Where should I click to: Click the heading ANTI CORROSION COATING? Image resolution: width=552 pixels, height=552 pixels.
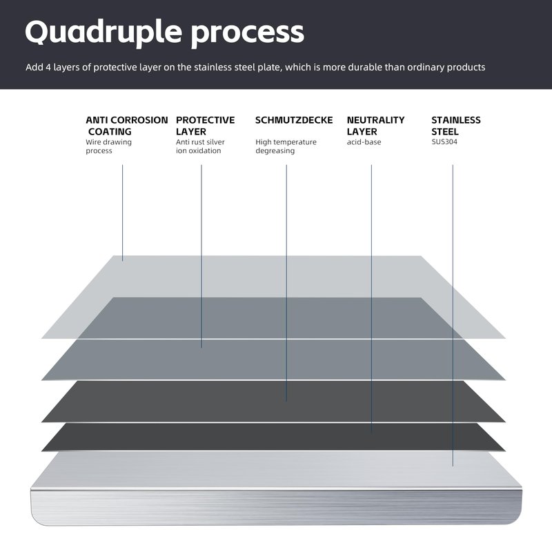pos(127,126)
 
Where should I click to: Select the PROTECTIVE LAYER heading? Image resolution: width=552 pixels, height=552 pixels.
pos(205,126)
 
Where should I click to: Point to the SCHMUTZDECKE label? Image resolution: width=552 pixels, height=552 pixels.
pos(294,120)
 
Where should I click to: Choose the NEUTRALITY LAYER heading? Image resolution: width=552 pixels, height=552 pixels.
pos(375,126)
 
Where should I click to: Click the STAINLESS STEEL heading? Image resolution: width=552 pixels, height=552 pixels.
pos(456,126)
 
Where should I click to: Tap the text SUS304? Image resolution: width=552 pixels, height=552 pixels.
pos(444,142)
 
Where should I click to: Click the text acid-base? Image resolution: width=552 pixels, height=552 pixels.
pos(364,142)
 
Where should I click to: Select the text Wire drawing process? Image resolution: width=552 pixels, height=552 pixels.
pos(108,146)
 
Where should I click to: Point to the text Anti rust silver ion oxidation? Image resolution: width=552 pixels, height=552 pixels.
pos(200,146)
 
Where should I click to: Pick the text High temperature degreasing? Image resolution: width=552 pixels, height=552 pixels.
pos(286,146)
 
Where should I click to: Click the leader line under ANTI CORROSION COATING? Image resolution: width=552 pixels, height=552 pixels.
pos(123,213)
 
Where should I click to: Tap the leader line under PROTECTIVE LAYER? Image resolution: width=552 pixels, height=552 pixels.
pos(201,256)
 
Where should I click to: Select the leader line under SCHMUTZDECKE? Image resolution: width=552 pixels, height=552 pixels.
pos(286,283)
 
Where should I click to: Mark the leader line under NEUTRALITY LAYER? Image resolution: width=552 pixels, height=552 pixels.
pos(371,299)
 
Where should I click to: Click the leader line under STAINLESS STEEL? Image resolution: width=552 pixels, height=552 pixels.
pos(453,315)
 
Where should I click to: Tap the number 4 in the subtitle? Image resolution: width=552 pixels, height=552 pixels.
pos(48,67)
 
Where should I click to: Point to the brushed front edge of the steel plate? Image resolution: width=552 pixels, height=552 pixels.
pos(277,507)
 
